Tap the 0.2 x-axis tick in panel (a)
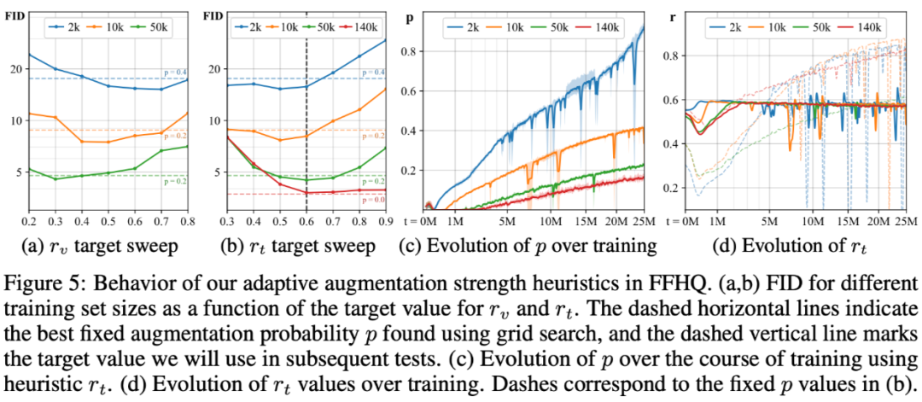29,221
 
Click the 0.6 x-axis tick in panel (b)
306,221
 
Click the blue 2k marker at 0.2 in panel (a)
29,55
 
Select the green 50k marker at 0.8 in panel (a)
186,147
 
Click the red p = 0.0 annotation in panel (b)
373,200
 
